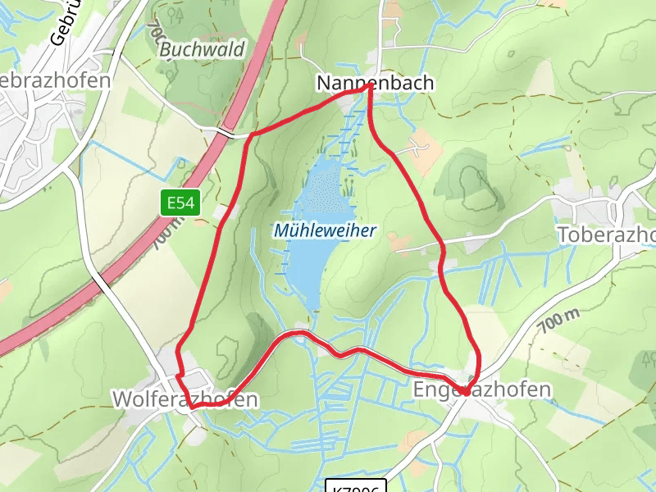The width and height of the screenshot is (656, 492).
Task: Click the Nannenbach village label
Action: point(375,83)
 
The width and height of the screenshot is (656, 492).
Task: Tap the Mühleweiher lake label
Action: point(325,230)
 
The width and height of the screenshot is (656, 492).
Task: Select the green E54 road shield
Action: point(180,203)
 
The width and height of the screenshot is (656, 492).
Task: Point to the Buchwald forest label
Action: point(202,49)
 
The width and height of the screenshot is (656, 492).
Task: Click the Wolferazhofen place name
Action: point(184,399)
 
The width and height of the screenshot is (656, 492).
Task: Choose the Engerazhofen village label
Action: point(483,389)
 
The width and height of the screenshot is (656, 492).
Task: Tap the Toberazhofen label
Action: point(606,235)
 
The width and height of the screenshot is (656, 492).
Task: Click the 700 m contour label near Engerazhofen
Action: point(559,316)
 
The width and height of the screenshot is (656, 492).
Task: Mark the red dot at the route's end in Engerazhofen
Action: point(465,392)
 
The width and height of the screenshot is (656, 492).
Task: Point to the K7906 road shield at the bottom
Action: point(355,487)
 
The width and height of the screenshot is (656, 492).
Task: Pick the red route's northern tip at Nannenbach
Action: point(368,89)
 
